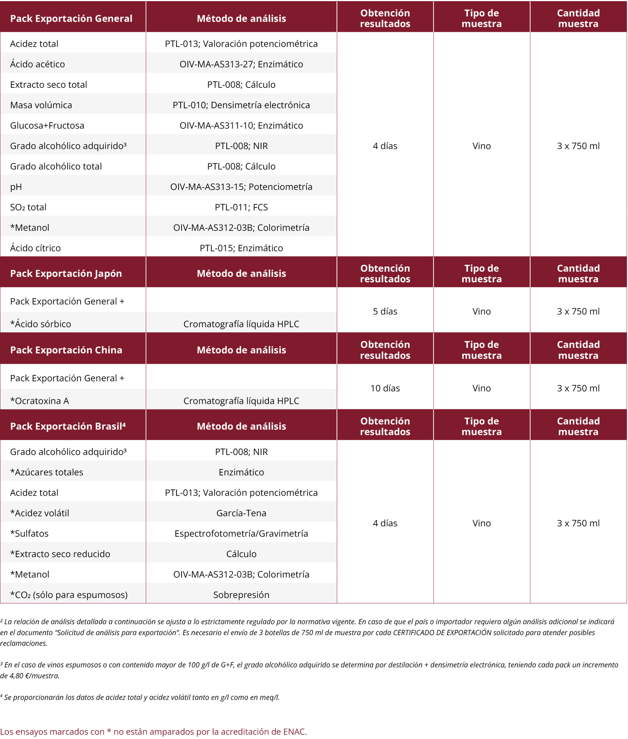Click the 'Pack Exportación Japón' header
(66, 273)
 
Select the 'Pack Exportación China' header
(66, 350)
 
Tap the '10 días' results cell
(385, 388)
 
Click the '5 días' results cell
(385, 311)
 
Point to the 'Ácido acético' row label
(38, 64)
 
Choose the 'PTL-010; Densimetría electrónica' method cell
(241, 105)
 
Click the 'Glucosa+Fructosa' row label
(47, 125)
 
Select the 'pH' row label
(16, 187)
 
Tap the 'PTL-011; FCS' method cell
(241, 207)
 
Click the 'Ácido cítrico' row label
(35, 248)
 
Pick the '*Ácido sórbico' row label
(41, 324)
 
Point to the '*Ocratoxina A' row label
(40, 401)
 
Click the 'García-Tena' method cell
(241, 513)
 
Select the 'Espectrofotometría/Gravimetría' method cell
(241, 533)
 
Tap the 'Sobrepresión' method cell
(241, 595)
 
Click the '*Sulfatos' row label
(29, 533)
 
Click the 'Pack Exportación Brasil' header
(68, 426)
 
